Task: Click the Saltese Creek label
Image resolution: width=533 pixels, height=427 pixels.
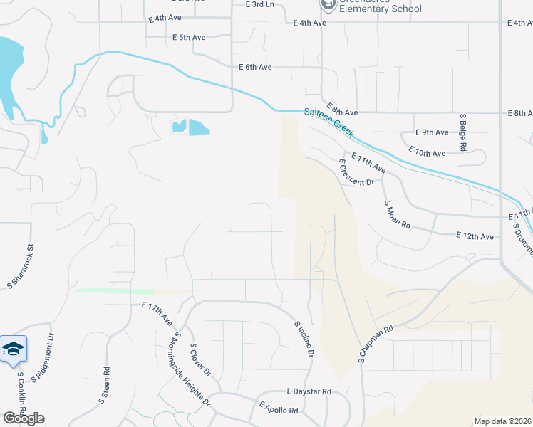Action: [329, 122]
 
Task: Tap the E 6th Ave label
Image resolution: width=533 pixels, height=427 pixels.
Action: [255, 68]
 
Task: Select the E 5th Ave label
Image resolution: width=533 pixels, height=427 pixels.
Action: [189, 37]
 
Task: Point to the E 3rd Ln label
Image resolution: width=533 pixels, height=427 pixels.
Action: [259, 4]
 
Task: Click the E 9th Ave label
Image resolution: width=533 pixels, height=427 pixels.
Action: [432, 132]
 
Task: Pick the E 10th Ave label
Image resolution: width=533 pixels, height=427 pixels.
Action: [427, 152]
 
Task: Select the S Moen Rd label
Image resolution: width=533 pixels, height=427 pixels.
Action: [398, 214]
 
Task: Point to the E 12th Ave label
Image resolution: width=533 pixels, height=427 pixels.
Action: [475, 236]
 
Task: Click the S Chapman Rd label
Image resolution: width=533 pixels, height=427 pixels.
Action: [376, 344]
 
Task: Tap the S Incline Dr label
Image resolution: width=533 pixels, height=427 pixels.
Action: [304, 338]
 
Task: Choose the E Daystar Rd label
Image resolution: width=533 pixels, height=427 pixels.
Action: [309, 391]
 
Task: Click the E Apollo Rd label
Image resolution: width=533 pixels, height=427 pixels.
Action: [279, 408]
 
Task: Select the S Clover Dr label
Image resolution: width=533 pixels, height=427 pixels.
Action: [200, 359]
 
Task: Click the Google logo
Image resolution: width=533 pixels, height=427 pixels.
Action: [24, 418]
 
